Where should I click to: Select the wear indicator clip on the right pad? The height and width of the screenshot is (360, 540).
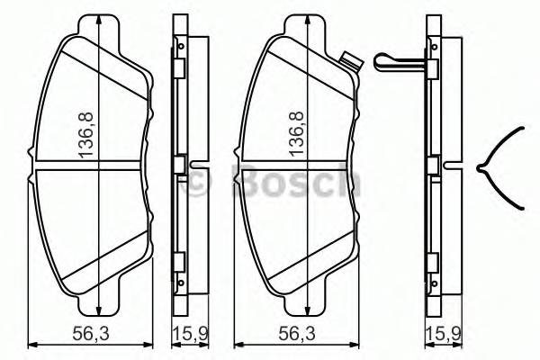pyautogui.click(x=353, y=62)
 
